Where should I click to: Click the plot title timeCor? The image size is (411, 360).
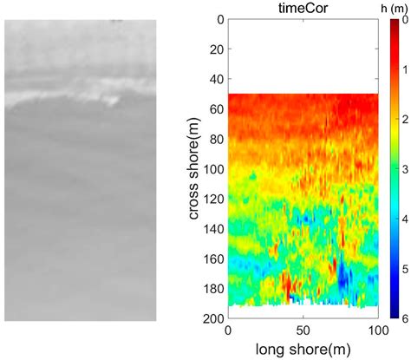303,9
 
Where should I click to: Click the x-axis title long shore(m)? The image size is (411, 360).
303,350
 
